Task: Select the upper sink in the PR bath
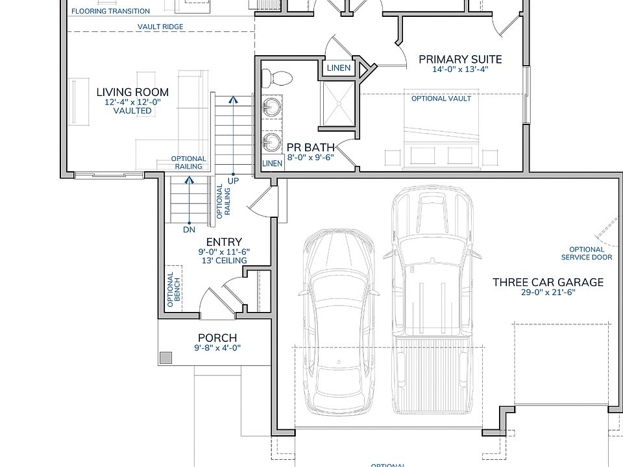pos(272,107)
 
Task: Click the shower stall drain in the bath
pos(339,103)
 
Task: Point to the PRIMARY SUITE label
pos(461,59)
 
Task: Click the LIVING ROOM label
pos(132,92)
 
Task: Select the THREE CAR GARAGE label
pos(548,282)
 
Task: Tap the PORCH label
pos(217,338)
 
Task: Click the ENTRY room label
pos(224,242)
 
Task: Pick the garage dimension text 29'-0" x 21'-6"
pos(548,293)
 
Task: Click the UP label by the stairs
pos(233,181)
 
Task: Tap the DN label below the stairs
pos(189,230)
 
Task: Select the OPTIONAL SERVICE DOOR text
pos(587,254)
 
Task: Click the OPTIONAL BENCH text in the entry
pos(174,289)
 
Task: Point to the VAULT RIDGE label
pos(160,27)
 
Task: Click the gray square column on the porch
pos(165,358)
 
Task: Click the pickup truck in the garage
pos(432,300)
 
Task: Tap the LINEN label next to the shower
pos(339,68)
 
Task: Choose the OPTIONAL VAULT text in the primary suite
pos(441,99)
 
